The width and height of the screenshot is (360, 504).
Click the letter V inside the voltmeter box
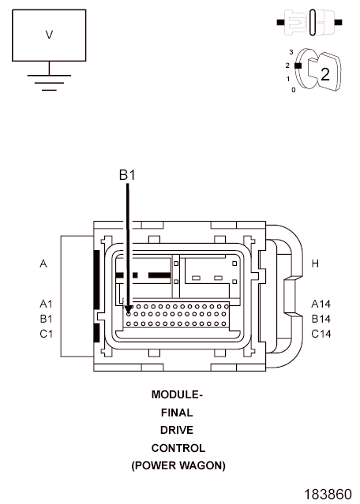pyautogui.click(x=49, y=35)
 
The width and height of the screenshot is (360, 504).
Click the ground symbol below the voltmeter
pyautogui.click(x=49, y=83)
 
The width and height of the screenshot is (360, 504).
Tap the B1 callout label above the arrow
pyautogui.click(x=127, y=175)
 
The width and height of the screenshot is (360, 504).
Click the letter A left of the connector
pyautogui.click(x=43, y=264)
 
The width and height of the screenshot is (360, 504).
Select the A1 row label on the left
pyautogui.click(x=46, y=304)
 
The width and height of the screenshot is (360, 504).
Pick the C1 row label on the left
pyautogui.click(x=46, y=334)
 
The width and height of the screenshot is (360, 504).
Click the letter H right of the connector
pyautogui.click(x=315, y=264)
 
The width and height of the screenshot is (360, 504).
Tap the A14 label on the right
pyautogui.click(x=321, y=304)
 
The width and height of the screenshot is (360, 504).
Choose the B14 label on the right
pyautogui.click(x=321, y=319)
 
